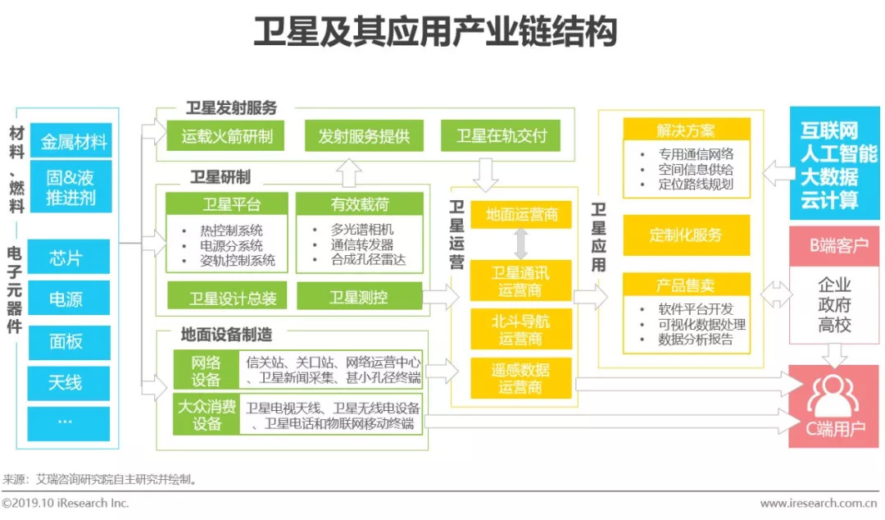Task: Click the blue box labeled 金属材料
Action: click(x=70, y=143)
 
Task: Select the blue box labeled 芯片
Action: click(x=68, y=258)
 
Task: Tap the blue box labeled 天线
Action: click(x=68, y=382)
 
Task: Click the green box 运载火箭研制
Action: click(x=226, y=135)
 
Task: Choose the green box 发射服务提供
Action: click(x=365, y=135)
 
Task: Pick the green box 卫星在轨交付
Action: click(x=501, y=135)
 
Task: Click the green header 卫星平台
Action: click(x=226, y=204)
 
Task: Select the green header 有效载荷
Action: click(x=360, y=204)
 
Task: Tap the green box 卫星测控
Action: click(x=360, y=297)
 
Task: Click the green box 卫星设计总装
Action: click(x=226, y=297)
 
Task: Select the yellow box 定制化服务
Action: click(x=686, y=235)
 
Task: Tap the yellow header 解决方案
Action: click(x=686, y=130)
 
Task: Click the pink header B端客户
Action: click(x=833, y=245)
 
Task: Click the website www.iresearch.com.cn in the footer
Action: click(x=819, y=503)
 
